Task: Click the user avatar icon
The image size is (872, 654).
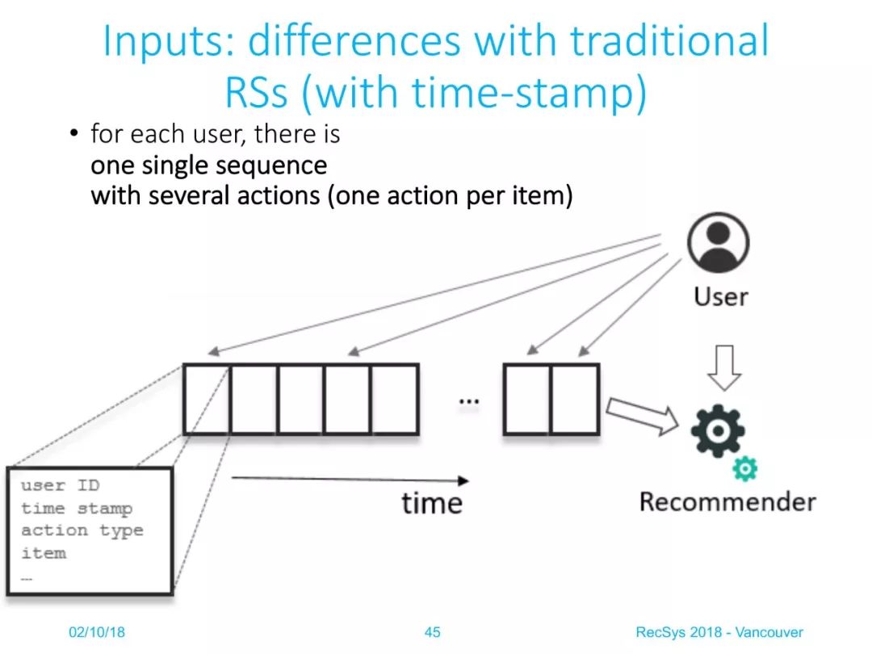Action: click(718, 242)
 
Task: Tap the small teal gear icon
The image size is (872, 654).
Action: click(744, 469)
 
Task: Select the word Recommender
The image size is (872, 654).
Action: click(727, 501)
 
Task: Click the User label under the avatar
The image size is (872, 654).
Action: click(721, 296)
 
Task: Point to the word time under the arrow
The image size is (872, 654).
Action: click(432, 503)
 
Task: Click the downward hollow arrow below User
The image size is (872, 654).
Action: click(724, 367)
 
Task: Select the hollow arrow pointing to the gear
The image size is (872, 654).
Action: click(643, 415)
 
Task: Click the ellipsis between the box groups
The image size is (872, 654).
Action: click(469, 400)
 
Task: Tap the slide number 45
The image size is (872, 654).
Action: click(432, 631)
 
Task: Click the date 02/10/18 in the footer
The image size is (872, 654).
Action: click(97, 631)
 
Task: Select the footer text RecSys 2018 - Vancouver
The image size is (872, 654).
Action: click(719, 631)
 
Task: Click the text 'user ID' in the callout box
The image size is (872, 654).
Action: click(60, 485)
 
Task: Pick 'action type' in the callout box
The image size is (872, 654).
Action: click(82, 530)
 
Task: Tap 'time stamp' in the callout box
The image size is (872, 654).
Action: click(77, 509)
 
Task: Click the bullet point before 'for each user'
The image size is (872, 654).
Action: click(74, 133)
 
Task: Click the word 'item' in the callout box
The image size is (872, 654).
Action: click(44, 553)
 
